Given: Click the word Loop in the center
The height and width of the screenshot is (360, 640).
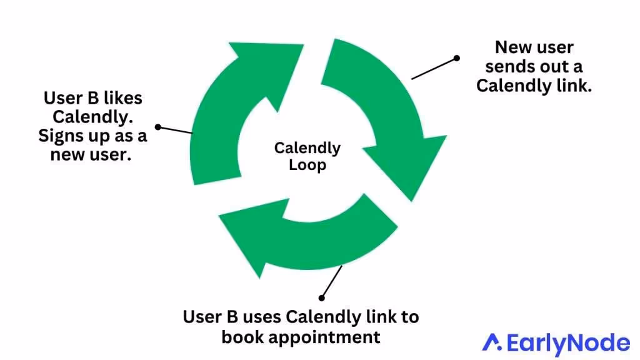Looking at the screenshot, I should [307, 166].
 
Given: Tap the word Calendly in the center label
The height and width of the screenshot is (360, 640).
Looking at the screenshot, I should [307, 149].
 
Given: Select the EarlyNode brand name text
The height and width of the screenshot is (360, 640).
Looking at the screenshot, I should [567, 343].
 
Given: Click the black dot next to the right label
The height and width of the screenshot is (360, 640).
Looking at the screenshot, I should [457, 58].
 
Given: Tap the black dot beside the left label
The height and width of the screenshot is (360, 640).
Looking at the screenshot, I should [158, 127].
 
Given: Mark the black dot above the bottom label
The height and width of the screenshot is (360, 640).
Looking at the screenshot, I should [322, 298].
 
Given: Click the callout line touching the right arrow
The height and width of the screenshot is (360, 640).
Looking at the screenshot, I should [434, 68].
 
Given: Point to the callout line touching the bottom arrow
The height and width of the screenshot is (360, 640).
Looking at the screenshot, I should [332, 282].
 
